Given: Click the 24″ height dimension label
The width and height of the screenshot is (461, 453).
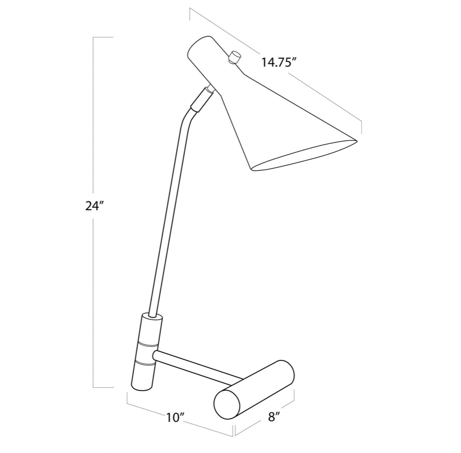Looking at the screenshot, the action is tap(95, 206).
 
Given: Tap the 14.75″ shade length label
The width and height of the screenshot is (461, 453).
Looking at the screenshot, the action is tap(278, 62).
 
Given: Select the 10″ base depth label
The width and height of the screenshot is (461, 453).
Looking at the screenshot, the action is tap(176, 418).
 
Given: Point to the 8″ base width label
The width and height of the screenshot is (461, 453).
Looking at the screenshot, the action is tap(273, 417).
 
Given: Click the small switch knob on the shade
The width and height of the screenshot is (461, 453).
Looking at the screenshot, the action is tap(235, 57).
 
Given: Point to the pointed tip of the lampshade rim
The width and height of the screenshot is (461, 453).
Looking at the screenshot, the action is tap(357, 141).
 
